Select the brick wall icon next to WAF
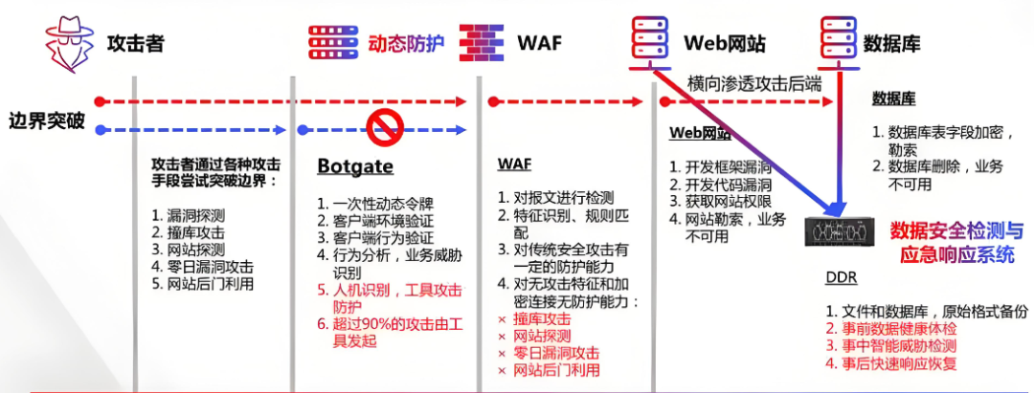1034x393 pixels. click(x=482, y=42)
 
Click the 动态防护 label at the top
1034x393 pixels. click(x=407, y=43)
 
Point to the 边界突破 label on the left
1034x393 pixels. click(x=46, y=121)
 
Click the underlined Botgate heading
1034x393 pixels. click(x=355, y=167)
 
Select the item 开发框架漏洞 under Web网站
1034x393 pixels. click(x=723, y=167)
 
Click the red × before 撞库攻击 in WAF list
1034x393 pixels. click(x=502, y=318)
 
